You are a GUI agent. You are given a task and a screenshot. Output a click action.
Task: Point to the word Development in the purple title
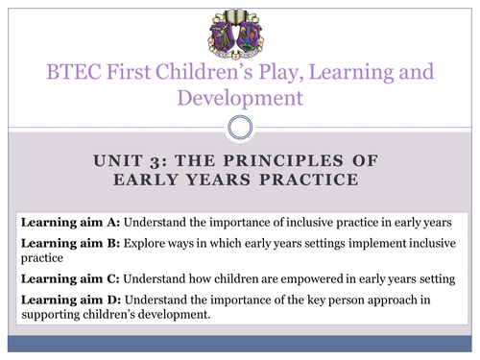240,97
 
